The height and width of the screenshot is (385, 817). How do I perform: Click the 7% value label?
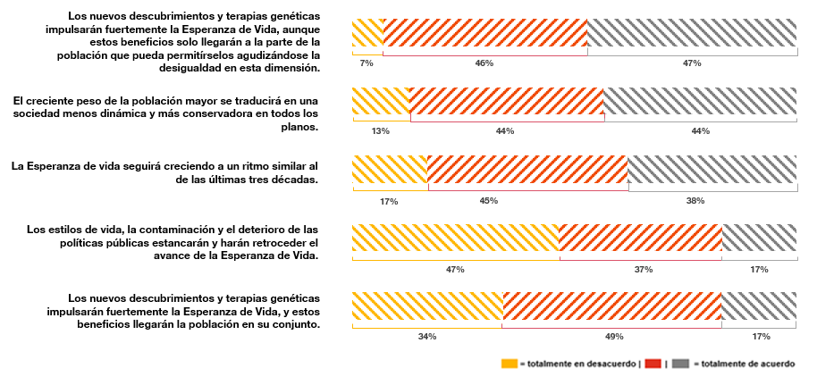click(x=366, y=63)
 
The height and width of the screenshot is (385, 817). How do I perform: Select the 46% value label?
click(x=484, y=63)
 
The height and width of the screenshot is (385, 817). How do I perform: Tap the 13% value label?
click(x=381, y=131)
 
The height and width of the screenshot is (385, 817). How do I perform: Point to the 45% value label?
click(x=489, y=200)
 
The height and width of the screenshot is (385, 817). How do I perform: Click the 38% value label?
click(x=695, y=200)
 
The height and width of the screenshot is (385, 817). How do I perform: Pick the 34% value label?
click(x=427, y=337)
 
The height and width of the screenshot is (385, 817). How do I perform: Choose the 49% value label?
click(x=614, y=337)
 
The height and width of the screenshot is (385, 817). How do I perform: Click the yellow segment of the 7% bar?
click(x=367, y=33)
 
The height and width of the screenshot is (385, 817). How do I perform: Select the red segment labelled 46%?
click(x=484, y=33)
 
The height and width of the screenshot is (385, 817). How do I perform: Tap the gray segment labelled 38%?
click(x=712, y=169)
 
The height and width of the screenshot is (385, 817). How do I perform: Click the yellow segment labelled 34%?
click(x=427, y=305)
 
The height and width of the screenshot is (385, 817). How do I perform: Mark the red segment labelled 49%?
click(x=611, y=305)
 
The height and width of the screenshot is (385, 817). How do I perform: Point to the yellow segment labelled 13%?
click(x=381, y=101)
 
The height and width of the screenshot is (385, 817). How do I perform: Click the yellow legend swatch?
click(x=510, y=364)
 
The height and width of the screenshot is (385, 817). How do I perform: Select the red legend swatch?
click(x=653, y=364)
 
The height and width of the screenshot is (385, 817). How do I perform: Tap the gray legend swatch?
click(x=681, y=364)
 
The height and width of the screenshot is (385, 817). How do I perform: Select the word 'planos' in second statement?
click(x=299, y=127)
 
